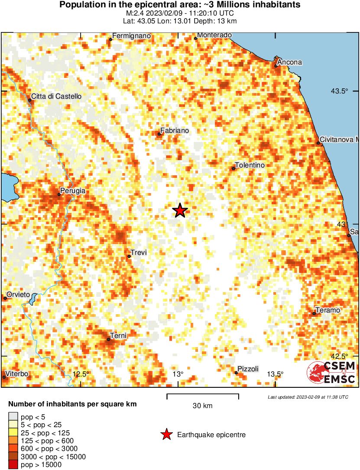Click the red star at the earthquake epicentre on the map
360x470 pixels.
[180, 211]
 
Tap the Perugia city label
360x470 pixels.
[73, 190]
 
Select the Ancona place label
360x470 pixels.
[289, 62]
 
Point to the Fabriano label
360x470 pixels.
[174, 130]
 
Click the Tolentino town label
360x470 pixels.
[249, 165]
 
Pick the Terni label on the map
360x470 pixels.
[118, 335]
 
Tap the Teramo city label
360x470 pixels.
[328, 310]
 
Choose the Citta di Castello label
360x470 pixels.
[56, 97]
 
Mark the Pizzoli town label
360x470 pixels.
[249, 369]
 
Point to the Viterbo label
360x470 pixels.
[17, 373]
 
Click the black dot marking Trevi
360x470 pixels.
[129, 257]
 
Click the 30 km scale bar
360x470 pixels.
[203, 395]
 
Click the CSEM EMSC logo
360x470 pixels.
[331, 373]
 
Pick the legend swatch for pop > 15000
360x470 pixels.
[13, 465]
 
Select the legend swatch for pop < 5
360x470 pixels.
[13, 417]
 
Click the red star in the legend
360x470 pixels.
[166, 435]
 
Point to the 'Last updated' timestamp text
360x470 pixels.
[308, 397]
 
